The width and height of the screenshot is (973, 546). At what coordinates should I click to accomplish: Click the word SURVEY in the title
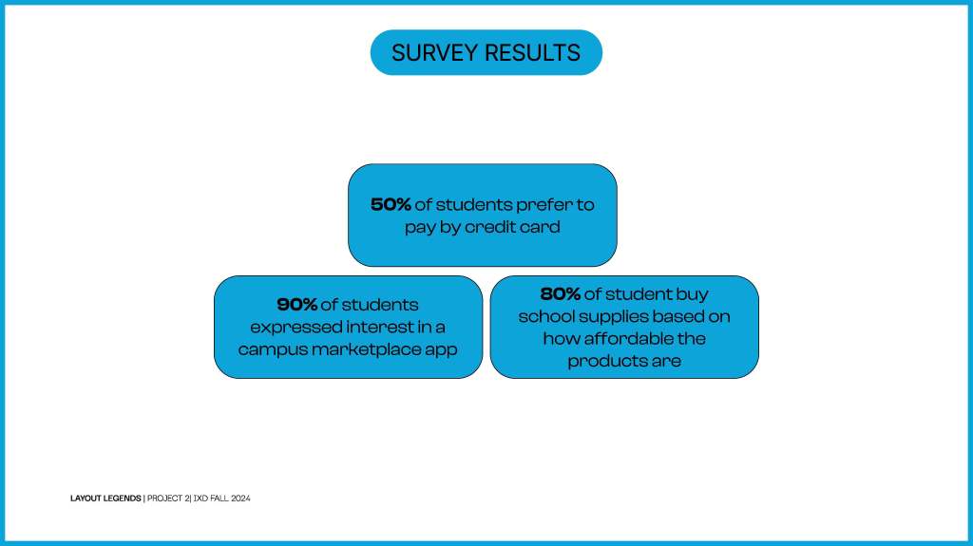pos(435,53)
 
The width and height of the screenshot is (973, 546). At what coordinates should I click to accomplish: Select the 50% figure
pos(391,205)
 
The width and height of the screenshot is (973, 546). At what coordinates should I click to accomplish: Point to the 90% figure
pos(296,305)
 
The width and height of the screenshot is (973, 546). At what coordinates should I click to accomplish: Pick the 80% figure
pos(561,293)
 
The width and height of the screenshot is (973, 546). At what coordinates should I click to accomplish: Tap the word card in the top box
pos(541,227)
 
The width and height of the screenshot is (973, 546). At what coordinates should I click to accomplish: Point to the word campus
pos(273,350)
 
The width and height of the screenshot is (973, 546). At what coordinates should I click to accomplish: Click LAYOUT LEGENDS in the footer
pos(105,499)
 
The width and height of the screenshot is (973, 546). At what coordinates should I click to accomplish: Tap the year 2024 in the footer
pos(240,499)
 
